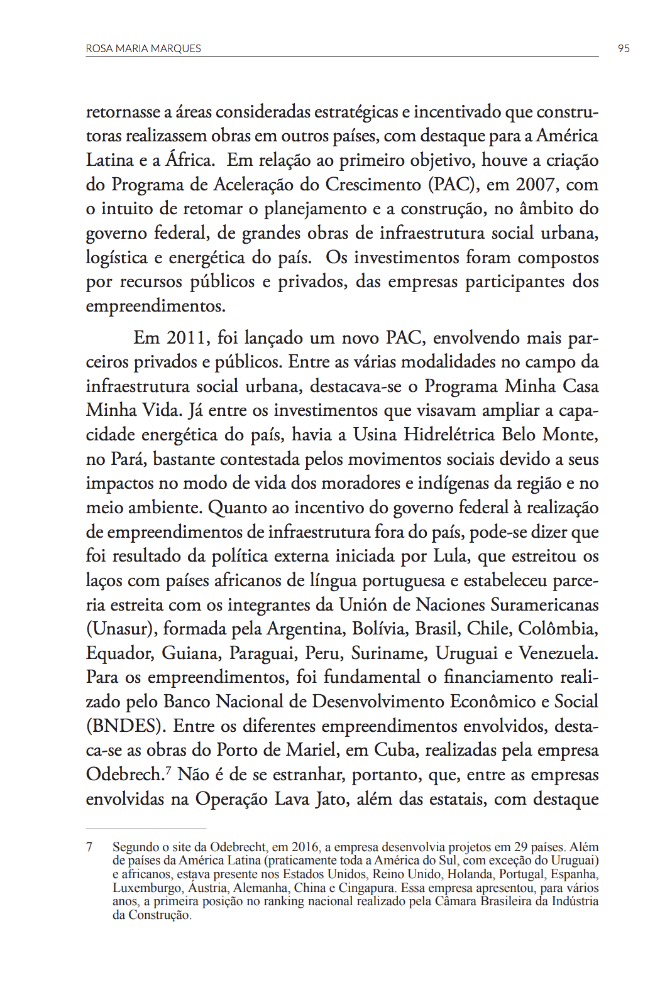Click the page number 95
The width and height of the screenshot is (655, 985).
624,48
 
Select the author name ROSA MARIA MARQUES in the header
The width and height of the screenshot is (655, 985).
143,48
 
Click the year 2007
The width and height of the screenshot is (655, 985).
536,185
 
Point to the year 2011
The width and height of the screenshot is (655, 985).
187,338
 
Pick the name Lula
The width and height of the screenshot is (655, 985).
451,556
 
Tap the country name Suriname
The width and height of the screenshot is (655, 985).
388,653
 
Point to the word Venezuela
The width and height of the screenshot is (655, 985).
558,653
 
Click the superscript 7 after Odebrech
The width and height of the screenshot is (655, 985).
168,770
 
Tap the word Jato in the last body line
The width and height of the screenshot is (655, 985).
333,799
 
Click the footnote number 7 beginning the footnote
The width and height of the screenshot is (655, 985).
89,847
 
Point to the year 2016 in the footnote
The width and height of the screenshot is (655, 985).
304,847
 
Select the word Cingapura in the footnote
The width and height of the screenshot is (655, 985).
366,888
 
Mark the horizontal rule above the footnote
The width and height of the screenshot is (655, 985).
146,829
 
